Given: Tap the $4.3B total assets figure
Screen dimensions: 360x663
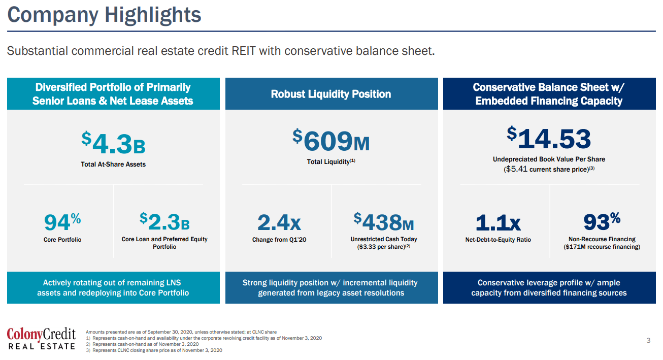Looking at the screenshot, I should tap(114, 143).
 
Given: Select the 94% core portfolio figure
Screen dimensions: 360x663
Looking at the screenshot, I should tap(62, 222).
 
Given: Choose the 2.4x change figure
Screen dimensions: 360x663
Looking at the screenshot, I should tap(279, 222).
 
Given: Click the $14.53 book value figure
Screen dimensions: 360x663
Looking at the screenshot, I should tap(549, 139).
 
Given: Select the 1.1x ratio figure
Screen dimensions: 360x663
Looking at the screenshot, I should tap(498, 222).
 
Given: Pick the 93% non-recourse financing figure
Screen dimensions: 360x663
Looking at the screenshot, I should tap(602, 221).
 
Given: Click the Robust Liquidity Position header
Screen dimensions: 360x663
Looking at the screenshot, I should tap(331, 94).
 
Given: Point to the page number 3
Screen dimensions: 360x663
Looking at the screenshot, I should tap(648, 340).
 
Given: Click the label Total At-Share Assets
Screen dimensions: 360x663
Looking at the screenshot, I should tap(113, 164).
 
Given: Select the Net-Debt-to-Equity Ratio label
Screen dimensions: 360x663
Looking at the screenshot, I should tap(498, 239).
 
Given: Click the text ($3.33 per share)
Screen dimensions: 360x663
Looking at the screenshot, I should tap(383, 247).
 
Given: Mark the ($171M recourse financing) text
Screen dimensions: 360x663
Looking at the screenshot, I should tap(602, 247).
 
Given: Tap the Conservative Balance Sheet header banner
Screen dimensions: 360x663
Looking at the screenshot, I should tap(549, 94).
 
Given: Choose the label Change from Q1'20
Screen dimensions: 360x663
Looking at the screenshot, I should tap(279, 239).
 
